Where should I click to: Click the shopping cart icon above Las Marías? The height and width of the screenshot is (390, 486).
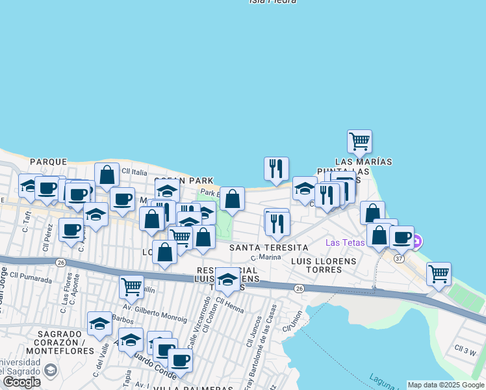click(x=359, y=140)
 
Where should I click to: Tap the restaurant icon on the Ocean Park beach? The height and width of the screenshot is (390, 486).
click(x=277, y=168)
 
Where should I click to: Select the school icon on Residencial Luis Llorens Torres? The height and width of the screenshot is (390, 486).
click(x=227, y=279)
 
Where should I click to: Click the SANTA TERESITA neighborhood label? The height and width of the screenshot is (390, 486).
click(x=269, y=248)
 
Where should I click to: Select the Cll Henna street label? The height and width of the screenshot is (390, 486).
click(x=229, y=302)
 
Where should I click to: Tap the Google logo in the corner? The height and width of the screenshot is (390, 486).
click(x=21, y=382)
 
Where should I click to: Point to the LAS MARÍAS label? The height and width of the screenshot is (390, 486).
click(x=364, y=161)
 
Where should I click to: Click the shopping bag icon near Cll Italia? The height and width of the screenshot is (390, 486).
click(x=107, y=174)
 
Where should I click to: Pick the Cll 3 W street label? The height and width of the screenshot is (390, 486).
click(x=466, y=350)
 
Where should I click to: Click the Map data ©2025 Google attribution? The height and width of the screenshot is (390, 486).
click(x=445, y=385)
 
